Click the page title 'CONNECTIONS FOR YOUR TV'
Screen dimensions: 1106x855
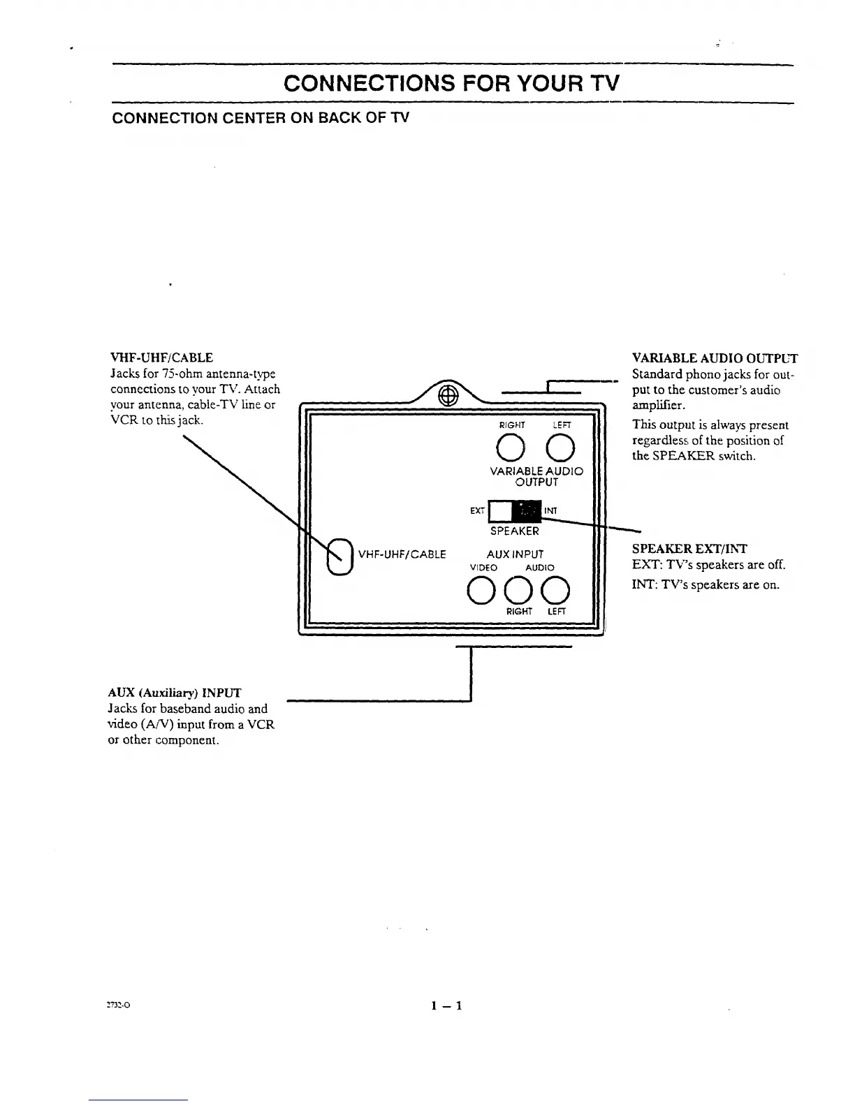click(x=451, y=84)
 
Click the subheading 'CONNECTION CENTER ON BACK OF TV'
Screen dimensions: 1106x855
click(x=260, y=117)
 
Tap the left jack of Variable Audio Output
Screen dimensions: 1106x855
click(x=560, y=448)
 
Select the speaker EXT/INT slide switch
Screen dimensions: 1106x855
click(x=515, y=511)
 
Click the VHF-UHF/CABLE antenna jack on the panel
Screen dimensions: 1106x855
click(x=339, y=556)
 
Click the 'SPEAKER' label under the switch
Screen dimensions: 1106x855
click(x=515, y=531)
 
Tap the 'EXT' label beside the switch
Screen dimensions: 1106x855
click(x=477, y=511)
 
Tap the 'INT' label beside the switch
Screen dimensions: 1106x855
click(x=550, y=511)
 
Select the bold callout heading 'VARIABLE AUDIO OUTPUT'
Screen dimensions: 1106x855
click(x=715, y=358)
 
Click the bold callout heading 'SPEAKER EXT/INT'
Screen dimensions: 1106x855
click(x=689, y=549)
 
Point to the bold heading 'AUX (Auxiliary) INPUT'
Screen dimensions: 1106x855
click(x=175, y=693)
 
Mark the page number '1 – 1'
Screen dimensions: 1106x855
click(x=447, y=1006)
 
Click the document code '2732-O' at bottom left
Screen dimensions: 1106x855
click(x=119, y=1006)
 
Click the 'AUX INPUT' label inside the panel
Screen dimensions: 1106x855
click(x=515, y=554)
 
